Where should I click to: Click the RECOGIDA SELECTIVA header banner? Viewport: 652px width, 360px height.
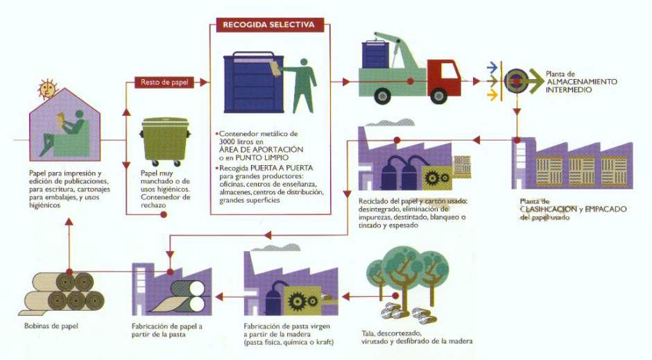pos(268,25)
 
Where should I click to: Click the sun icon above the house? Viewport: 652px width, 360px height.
pos(46,89)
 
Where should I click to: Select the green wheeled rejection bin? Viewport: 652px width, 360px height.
pos(164,142)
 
